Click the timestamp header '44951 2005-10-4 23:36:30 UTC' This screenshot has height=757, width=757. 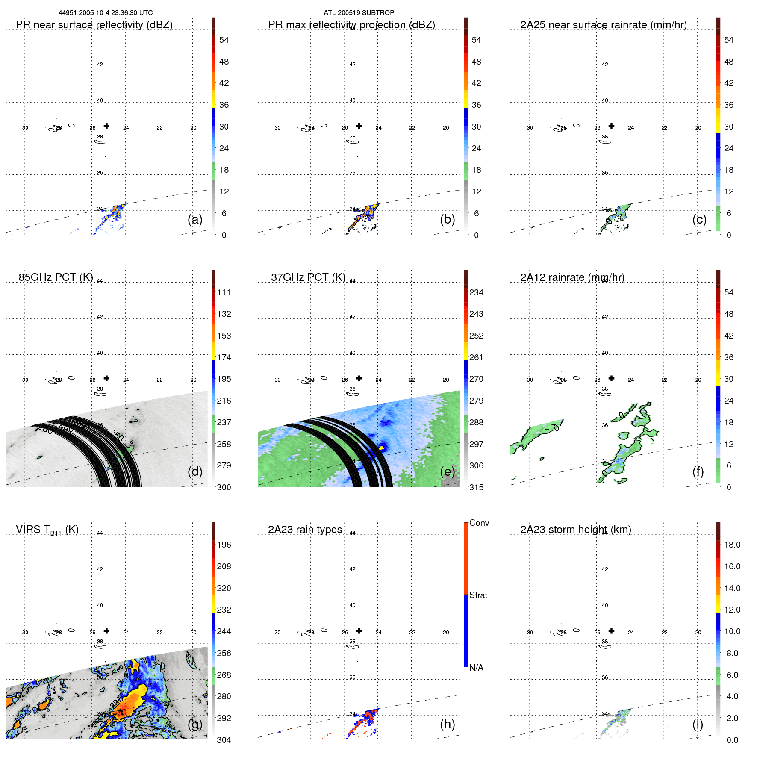105,13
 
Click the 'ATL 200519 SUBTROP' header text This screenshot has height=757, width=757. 359,13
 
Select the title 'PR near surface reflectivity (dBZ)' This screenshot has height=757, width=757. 94,25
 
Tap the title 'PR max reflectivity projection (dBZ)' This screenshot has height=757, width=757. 351,25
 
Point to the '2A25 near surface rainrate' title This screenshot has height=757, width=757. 603,25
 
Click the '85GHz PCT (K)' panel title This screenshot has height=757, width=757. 56,277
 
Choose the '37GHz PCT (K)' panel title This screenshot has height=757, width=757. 308,277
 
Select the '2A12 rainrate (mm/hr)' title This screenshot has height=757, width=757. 572,277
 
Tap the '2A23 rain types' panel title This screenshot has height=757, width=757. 305,530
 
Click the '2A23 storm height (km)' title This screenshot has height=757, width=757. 575,530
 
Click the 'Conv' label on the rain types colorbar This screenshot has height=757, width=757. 479,523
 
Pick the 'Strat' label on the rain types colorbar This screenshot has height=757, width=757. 478,595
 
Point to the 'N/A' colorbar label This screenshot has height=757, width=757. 476,668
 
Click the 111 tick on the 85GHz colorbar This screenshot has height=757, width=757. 224,292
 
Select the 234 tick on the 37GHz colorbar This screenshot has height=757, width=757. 476,292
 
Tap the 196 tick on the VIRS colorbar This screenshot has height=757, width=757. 224,545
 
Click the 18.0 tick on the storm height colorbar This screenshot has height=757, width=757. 732,545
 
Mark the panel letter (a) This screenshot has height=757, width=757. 194,219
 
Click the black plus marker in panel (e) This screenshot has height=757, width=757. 359,378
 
